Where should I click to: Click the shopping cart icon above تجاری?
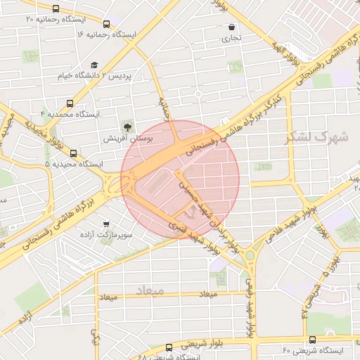231,28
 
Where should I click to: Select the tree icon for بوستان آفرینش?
128,127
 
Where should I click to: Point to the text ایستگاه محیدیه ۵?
75,164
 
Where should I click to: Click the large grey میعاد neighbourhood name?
148,289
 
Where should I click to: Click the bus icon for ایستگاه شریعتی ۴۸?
169,347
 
